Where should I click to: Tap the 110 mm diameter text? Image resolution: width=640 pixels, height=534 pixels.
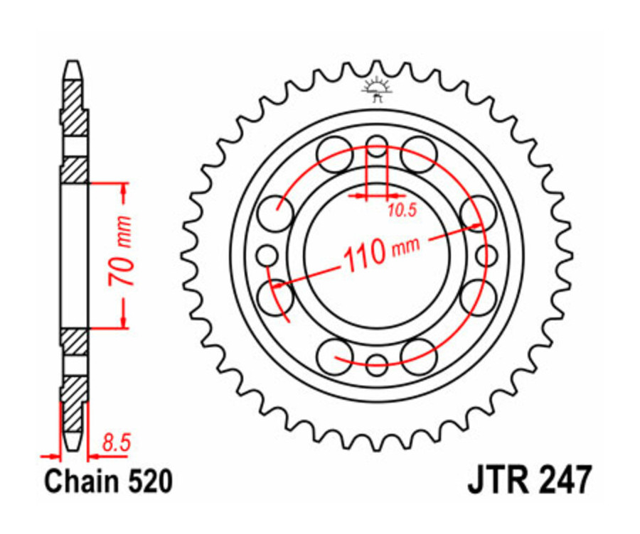point(381,252)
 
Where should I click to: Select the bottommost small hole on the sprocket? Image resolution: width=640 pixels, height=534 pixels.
point(377,364)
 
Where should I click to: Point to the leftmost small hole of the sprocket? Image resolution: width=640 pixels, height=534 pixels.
point(267,255)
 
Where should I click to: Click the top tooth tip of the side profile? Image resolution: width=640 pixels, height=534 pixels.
point(73,66)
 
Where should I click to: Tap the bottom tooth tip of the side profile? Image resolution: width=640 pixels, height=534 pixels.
point(73,446)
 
